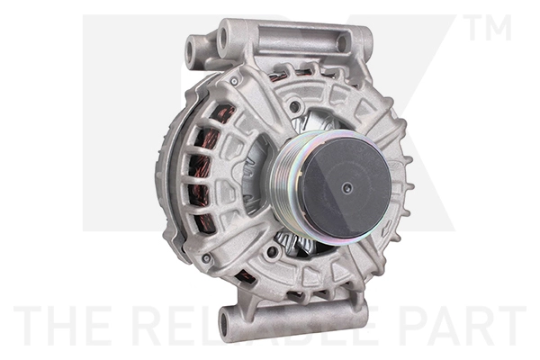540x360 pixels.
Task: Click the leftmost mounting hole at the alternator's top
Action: click(x=192, y=49)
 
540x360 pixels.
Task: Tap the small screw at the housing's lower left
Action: click(x=207, y=259)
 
